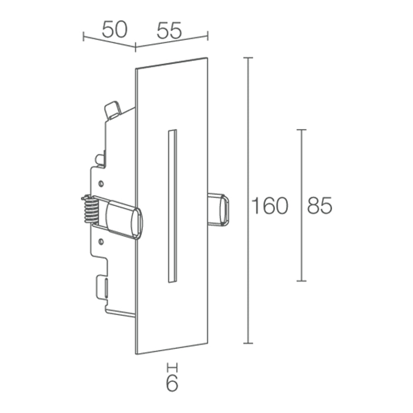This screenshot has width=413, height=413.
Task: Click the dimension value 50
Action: [x=114, y=30]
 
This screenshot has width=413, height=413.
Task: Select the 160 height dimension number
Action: [x=270, y=206]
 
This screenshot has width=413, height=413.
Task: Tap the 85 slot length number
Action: [x=319, y=206]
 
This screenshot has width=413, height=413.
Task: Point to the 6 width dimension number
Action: [x=172, y=384]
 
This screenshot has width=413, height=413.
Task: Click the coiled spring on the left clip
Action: [x=90, y=209]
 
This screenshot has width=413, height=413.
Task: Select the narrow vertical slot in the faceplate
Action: [x=172, y=206]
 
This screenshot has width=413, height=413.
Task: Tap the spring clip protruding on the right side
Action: [x=218, y=209]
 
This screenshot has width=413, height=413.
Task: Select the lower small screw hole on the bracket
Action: [x=100, y=240]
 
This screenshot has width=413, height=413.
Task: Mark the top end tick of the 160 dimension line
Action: [x=248, y=58]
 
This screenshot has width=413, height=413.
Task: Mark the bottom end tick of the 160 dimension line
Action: [x=248, y=343]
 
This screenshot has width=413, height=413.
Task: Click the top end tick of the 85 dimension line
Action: [x=301, y=130]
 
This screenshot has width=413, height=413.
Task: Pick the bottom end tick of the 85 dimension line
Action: [x=301, y=281]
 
